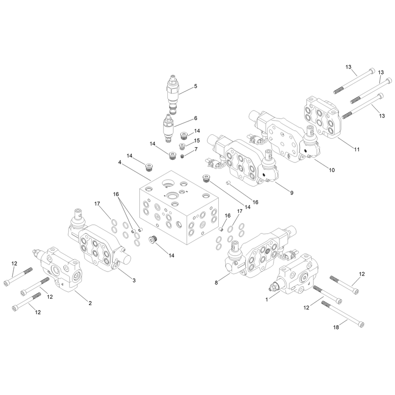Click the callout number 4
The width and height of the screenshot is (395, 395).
[119, 162]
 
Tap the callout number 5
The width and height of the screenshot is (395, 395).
[196, 86]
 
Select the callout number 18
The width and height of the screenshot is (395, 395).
[336, 327]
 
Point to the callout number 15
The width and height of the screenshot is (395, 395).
[197, 141]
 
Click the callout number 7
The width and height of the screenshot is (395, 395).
[196, 150]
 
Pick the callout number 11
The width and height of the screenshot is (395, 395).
[356, 150]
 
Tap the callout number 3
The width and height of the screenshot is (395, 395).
[134, 280]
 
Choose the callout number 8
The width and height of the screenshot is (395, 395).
[216, 282]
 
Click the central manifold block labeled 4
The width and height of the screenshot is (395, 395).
[179, 207]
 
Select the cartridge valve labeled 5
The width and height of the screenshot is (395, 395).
[172, 94]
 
